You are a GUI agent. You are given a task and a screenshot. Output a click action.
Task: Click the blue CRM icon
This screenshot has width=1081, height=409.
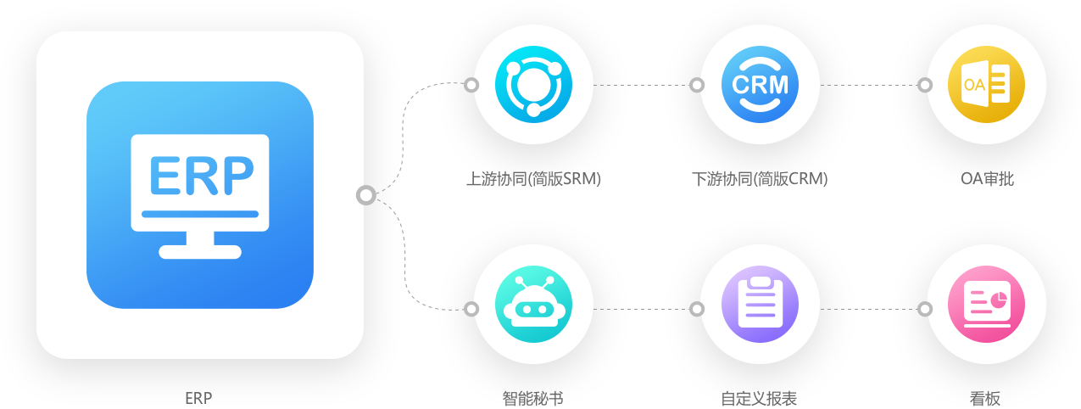point(760,84)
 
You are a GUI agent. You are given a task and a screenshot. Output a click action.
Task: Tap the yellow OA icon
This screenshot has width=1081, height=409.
point(986,84)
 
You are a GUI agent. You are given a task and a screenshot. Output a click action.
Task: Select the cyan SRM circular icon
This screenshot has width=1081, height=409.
point(533,84)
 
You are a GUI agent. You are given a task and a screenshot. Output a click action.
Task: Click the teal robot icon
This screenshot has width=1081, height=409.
point(533,307)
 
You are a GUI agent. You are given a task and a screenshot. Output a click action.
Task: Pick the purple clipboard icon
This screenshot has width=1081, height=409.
point(760,307)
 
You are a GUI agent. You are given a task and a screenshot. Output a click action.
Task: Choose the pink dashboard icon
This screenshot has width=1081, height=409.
point(986,307)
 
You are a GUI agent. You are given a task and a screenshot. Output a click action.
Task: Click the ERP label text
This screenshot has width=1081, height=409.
point(198,398)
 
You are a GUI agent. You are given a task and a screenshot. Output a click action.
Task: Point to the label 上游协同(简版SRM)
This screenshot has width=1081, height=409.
point(533,179)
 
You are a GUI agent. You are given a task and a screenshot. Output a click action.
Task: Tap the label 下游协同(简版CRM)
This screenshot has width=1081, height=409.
point(760,179)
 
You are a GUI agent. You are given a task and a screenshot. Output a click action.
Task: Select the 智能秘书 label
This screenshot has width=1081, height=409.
point(533,398)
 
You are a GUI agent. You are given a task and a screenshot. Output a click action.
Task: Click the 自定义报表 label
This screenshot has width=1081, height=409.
point(760,398)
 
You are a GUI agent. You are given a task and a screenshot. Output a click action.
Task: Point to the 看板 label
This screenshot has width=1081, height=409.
point(986,398)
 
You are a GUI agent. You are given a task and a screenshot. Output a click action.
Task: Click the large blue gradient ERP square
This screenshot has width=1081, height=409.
point(200,194)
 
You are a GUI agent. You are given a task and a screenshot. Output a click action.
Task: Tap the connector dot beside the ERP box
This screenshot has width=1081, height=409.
point(366,195)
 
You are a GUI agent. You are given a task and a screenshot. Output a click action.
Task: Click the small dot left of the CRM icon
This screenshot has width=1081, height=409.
point(697,85)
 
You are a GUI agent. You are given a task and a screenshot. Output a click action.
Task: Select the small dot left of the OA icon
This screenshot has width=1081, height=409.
point(925,85)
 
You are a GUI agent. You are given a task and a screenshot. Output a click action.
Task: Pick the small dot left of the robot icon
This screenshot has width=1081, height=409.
point(471,308)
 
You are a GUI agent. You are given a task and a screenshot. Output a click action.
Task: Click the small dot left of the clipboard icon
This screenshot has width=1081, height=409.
point(697,308)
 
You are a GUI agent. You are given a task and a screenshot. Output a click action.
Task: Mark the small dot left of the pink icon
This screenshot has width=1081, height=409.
point(925,308)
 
